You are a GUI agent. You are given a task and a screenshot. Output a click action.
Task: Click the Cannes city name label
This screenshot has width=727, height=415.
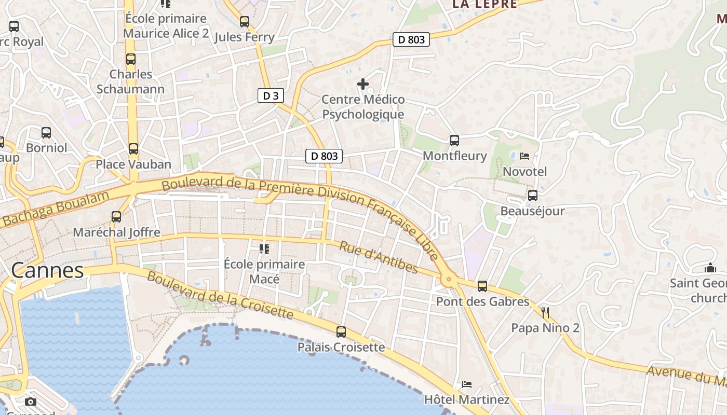click(x=47, y=270)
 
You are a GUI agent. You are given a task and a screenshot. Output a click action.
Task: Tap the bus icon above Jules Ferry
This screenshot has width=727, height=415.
click(x=244, y=22)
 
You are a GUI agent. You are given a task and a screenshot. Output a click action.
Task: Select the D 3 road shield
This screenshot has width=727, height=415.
click(x=271, y=95)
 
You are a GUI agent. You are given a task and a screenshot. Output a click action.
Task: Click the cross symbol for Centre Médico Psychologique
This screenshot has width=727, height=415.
click(x=363, y=84)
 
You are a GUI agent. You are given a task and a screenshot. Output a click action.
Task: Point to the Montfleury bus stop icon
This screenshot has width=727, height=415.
click(x=454, y=140)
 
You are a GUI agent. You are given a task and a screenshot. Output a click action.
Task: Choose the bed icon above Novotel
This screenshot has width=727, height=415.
click(x=524, y=156)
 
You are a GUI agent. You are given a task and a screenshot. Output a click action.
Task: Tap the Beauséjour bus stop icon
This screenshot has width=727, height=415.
click(x=532, y=196)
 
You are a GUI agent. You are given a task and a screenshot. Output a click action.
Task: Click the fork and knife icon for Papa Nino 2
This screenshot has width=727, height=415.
click(x=545, y=312)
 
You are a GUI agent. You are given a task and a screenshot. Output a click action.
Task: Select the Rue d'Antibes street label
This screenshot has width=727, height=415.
click(x=379, y=257)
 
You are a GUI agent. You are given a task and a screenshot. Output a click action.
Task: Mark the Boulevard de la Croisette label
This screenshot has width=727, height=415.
click(x=220, y=295)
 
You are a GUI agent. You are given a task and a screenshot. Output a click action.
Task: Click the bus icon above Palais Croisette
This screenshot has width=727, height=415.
click(x=341, y=332)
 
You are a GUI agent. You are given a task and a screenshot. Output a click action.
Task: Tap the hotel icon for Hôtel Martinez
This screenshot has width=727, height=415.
click(x=467, y=384)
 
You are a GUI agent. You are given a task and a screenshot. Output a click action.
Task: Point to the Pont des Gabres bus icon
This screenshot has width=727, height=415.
click(x=482, y=286)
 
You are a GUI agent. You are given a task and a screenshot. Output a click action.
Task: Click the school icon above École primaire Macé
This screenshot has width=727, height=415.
click(x=264, y=249)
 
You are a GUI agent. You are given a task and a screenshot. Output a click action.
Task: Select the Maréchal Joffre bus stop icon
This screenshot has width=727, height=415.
click(x=116, y=216)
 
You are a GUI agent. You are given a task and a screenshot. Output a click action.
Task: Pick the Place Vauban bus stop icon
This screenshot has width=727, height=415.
click(x=133, y=149)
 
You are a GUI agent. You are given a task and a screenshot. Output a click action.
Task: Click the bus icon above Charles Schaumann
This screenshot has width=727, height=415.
click(x=130, y=59)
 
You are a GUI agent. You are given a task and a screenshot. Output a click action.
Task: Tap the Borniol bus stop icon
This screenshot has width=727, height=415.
click(x=46, y=133)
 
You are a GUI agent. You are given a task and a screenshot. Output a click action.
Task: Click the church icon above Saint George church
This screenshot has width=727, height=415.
click(x=710, y=268)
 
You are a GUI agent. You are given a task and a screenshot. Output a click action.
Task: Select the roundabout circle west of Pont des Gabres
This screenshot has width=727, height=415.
click(x=449, y=280)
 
